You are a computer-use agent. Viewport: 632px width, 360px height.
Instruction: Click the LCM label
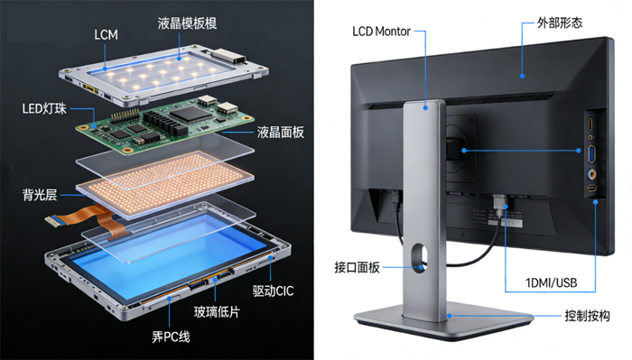tap(107, 34)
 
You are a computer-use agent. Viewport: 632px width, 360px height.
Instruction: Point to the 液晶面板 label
tap(280, 133)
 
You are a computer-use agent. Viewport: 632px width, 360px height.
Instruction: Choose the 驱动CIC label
tap(273, 291)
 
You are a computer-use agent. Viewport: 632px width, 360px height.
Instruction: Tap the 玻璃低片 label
tap(217, 312)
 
